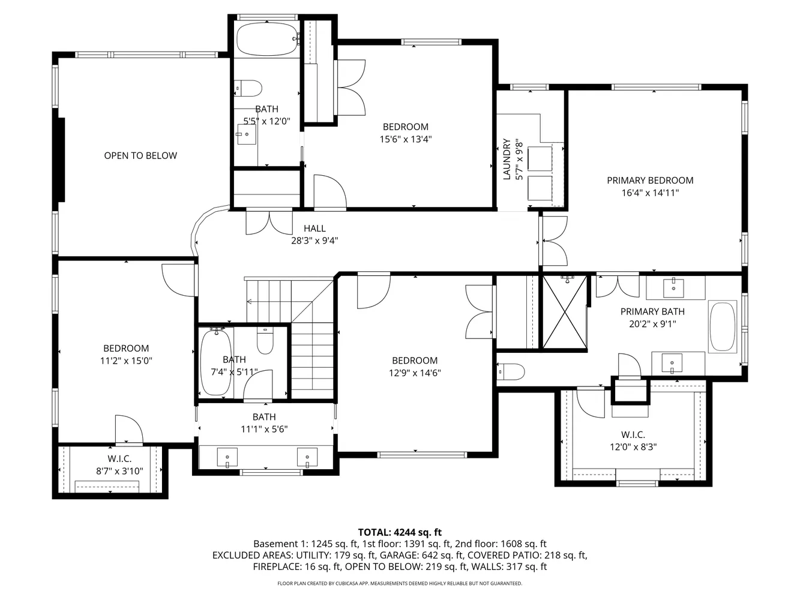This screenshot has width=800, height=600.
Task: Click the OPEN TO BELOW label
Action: tap(140, 155)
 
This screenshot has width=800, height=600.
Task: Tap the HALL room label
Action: tap(314, 229)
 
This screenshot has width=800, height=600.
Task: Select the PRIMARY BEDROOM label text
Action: tap(650, 181)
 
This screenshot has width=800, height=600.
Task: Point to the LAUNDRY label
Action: tap(507, 159)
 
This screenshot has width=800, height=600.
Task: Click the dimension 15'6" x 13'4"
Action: tap(406, 139)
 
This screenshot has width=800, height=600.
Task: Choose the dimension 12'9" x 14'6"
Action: tap(415, 373)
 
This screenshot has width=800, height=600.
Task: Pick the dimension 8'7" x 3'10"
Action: tap(119, 471)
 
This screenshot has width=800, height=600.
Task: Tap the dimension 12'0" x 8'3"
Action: tap(633, 446)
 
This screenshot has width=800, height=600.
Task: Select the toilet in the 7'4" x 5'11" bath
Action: tap(265, 340)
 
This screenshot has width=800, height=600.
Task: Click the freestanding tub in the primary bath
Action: tap(723, 326)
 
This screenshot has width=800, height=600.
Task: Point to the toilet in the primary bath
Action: tap(510, 371)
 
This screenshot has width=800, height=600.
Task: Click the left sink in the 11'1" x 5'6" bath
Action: tap(227, 458)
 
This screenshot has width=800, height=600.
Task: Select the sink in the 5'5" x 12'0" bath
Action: tap(247, 134)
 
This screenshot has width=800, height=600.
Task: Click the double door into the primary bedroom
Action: tap(553, 241)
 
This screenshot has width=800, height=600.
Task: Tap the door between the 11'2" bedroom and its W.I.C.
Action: tap(129, 430)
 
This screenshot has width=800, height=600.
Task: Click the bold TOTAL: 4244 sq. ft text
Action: tap(400, 532)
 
